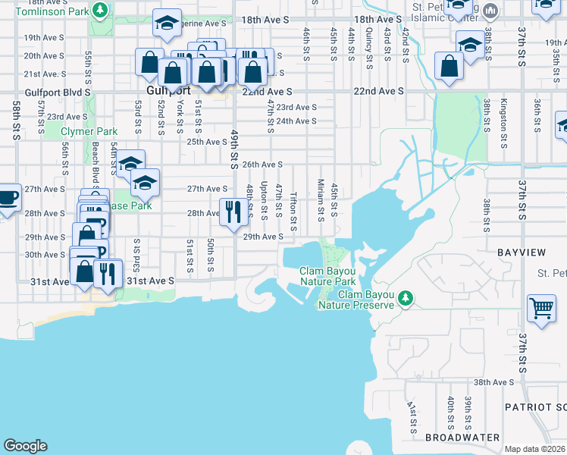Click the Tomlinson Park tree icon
click(x=99, y=10)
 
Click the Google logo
click(x=26, y=446)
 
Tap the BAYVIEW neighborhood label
click(x=521, y=251)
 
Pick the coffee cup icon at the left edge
click(x=8, y=198)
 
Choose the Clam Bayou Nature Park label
click(x=327, y=276)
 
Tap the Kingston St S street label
click(x=504, y=113)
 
